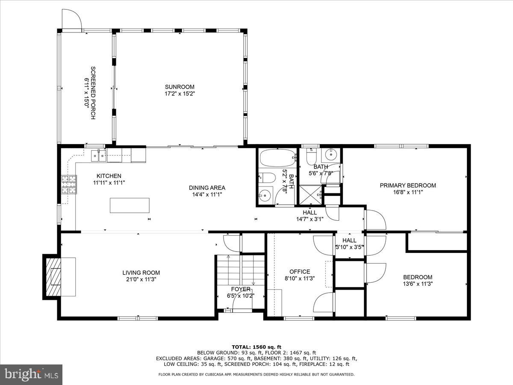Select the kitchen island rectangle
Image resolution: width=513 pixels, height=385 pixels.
[x=130, y=205]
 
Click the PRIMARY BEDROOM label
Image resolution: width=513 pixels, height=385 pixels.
[x=408, y=185]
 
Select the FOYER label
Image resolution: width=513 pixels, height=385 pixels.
[x=241, y=289]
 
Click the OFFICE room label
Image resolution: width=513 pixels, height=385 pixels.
[x=299, y=272]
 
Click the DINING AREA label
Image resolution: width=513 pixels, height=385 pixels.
[x=207, y=187]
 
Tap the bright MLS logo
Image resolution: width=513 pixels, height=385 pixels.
[x=31, y=375]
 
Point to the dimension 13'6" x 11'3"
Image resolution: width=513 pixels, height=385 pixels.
[x=417, y=284]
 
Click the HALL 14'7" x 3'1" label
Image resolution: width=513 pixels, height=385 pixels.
[x=310, y=216]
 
